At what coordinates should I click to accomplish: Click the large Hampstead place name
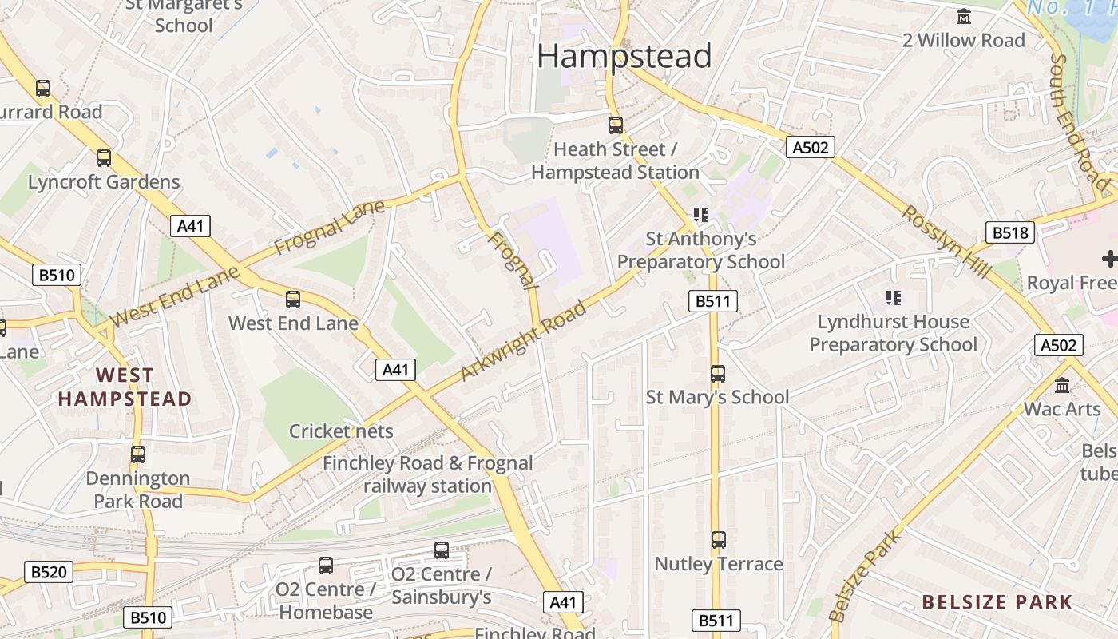(x=624, y=56)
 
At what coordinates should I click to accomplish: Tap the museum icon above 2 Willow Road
(x=964, y=16)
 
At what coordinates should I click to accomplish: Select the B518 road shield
(x=1010, y=232)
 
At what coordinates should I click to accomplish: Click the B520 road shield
(x=49, y=572)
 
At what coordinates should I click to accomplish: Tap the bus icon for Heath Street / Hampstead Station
(x=615, y=125)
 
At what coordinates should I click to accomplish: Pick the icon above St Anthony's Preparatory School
(x=701, y=214)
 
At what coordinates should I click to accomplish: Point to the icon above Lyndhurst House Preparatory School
(x=893, y=298)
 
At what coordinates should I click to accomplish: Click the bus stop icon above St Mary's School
(x=717, y=373)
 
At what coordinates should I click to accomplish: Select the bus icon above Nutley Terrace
(x=718, y=540)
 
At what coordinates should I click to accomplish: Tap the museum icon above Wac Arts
(x=1062, y=386)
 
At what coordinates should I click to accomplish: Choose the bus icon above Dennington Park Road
(x=138, y=454)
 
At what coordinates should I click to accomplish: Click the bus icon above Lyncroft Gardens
(x=104, y=158)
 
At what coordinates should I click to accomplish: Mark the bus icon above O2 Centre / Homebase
(x=326, y=566)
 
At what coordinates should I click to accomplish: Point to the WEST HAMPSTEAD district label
(x=125, y=387)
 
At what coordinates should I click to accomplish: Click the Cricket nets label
(x=341, y=431)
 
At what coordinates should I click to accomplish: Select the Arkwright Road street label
(x=524, y=340)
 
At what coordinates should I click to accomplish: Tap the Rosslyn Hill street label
(x=946, y=242)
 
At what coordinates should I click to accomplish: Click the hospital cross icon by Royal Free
(x=1108, y=259)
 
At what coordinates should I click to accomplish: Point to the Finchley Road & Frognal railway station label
(x=427, y=474)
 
